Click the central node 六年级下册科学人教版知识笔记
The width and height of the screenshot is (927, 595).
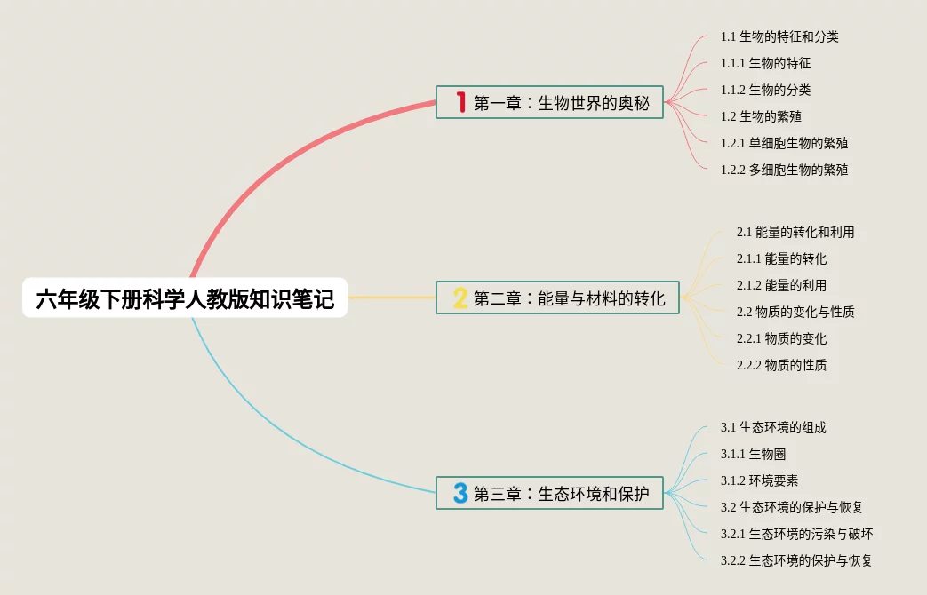click(185, 298)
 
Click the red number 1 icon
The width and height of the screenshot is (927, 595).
click(460, 102)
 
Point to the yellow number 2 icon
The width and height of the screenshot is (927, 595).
click(460, 298)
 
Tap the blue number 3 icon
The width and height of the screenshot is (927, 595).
click(460, 493)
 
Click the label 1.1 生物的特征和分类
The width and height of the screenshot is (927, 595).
click(779, 37)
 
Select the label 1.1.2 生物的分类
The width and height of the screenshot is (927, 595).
click(765, 90)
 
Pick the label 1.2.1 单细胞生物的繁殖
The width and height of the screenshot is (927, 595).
click(784, 143)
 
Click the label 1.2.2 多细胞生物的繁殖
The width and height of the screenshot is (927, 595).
click(784, 170)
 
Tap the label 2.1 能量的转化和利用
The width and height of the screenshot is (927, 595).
click(795, 233)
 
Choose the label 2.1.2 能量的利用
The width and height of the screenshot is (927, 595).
click(781, 285)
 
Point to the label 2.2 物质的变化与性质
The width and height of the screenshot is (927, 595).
click(795, 312)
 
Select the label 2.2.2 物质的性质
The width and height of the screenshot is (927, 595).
click(781, 365)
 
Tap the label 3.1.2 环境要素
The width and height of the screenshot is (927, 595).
click(759, 480)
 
